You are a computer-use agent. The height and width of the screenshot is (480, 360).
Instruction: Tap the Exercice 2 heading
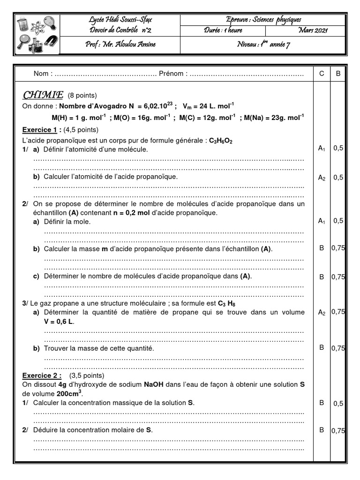[x=42, y=375]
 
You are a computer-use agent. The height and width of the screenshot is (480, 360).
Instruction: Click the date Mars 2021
[x=313, y=30]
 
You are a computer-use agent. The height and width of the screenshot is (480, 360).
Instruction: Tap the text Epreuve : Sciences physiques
[x=263, y=19]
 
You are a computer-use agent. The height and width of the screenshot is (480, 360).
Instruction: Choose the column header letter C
[x=322, y=74]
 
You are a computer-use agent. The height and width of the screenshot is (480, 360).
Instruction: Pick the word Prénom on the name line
[x=173, y=74]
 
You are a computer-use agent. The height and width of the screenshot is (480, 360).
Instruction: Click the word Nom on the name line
[x=41, y=74]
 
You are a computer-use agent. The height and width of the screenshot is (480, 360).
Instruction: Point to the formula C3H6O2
[x=221, y=140]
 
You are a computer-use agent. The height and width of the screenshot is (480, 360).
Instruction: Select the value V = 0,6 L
[x=59, y=322]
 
